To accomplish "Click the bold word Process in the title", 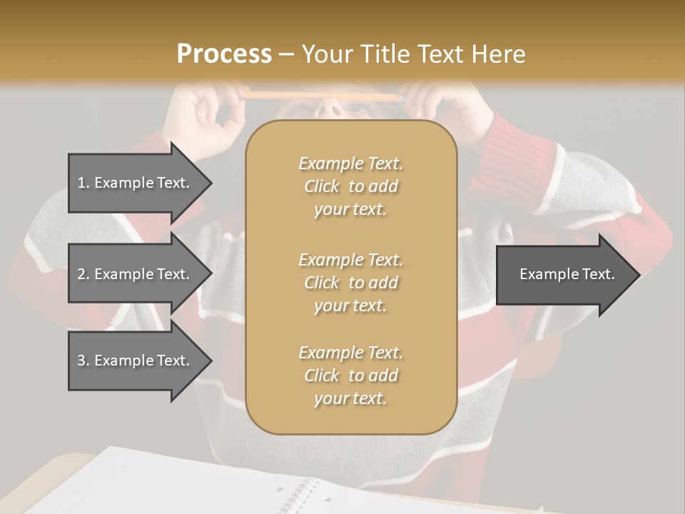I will click(x=224, y=54).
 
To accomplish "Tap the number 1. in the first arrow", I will click(x=83, y=183).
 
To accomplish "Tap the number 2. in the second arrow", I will click(x=83, y=274).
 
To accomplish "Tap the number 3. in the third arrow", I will click(x=83, y=361).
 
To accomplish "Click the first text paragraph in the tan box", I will click(x=350, y=186).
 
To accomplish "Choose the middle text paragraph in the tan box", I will click(x=350, y=283).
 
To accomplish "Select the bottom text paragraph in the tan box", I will click(x=350, y=376).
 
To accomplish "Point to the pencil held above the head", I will click(x=321, y=95).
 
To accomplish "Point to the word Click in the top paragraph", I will click(x=322, y=186).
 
